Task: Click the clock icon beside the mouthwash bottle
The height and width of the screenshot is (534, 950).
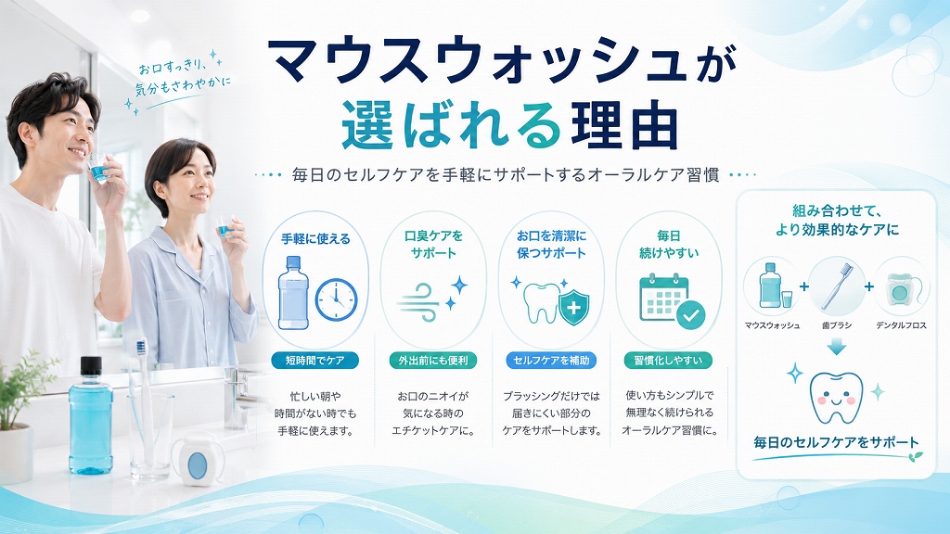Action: click(x=336, y=299)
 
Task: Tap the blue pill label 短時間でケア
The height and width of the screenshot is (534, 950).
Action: click(x=315, y=361)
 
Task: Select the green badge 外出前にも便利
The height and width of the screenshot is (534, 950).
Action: click(x=432, y=361)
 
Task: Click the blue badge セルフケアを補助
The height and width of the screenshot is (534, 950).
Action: click(x=551, y=361)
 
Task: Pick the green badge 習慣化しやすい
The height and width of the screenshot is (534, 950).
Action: click(x=668, y=361)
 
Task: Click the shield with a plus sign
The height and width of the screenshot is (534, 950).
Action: click(x=573, y=307)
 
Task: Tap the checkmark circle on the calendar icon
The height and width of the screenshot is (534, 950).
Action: click(x=690, y=315)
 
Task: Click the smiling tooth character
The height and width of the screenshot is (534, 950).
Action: click(x=836, y=397)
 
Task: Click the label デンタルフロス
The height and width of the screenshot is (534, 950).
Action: click(x=901, y=325)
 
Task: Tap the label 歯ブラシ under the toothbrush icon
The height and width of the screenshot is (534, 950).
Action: click(x=836, y=325)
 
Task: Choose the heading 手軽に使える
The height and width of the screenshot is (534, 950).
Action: click(x=315, y=239)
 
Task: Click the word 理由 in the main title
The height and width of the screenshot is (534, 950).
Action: click(x=624, y=125)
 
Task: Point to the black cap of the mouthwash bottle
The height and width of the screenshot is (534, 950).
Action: click(x=91, y=366)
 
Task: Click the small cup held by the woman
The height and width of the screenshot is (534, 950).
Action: click(x=224, y=226)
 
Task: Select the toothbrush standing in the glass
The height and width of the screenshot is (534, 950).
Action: click(x=143, y=400)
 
